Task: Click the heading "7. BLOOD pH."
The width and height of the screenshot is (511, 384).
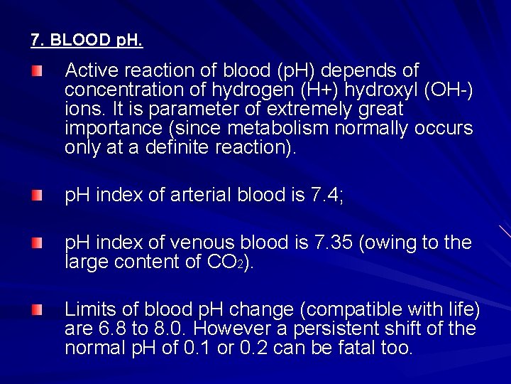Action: point(87,40)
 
